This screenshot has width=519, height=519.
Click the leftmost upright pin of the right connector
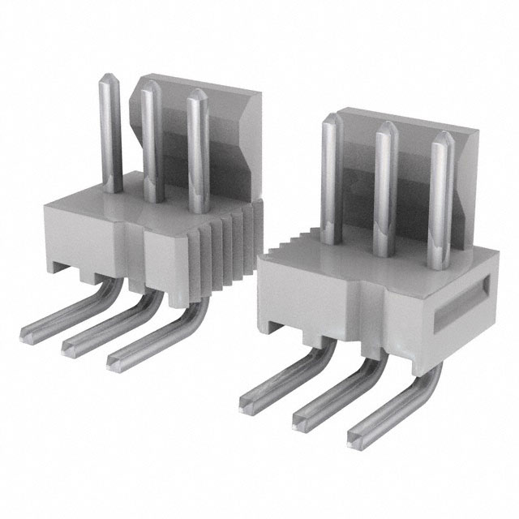pos(329,178)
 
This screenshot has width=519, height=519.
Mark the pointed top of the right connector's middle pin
pos(385,130)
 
